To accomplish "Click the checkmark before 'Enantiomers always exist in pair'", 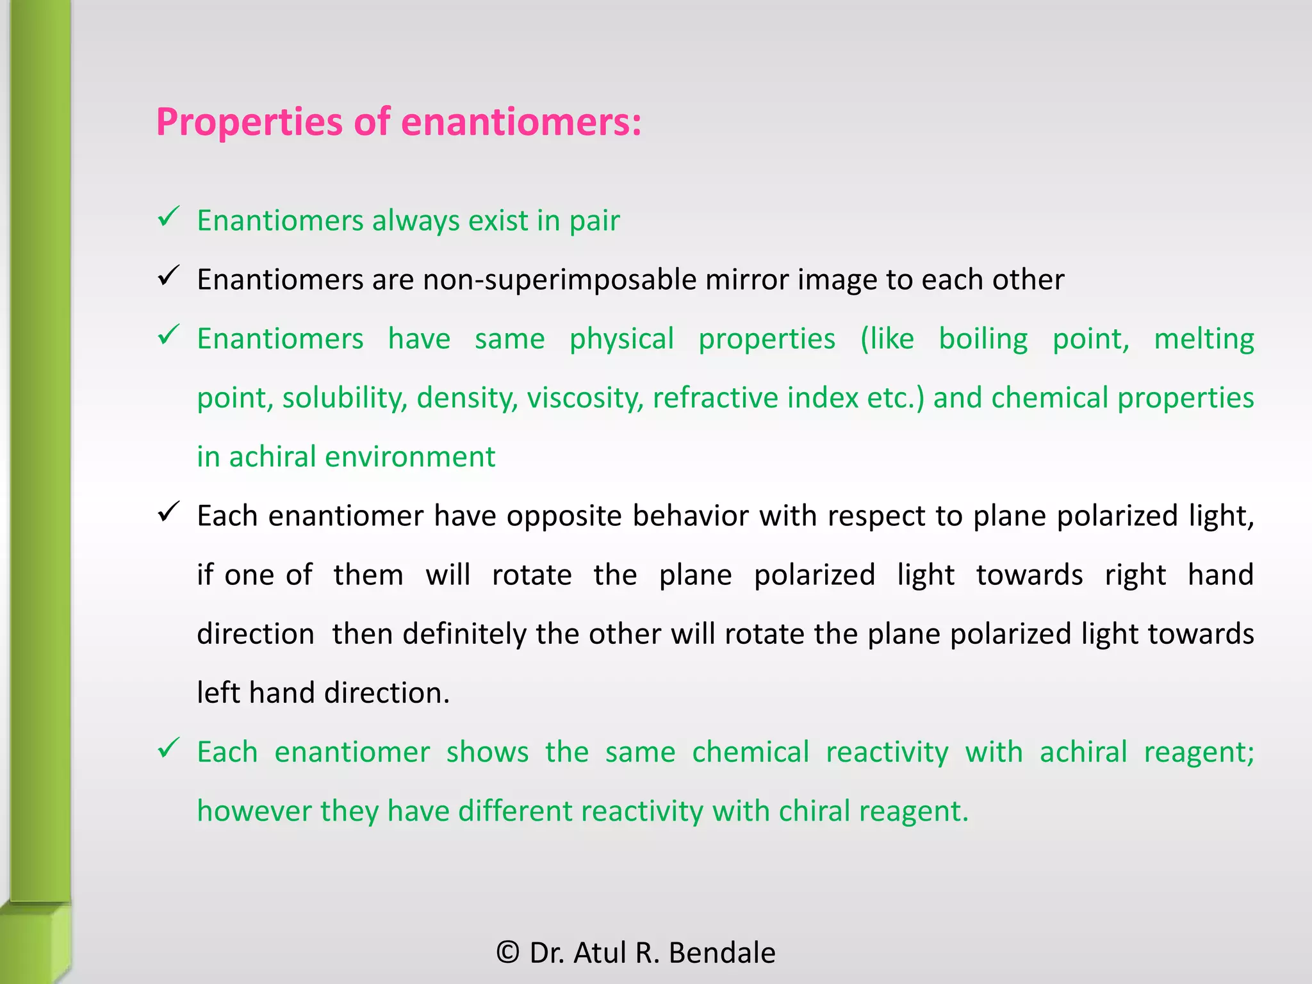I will (168, 217).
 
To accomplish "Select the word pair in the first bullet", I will (594, 222).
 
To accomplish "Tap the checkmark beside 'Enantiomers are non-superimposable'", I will (168, 276).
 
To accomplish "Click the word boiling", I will (983, 340).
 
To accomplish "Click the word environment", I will (410, 457).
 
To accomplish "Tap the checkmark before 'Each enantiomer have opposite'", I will (168, 512).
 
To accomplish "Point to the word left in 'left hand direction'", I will (217, 693).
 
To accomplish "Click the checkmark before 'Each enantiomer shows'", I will (168, 748).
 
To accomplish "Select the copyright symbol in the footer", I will (508, 953).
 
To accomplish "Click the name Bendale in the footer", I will (722, 953).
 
